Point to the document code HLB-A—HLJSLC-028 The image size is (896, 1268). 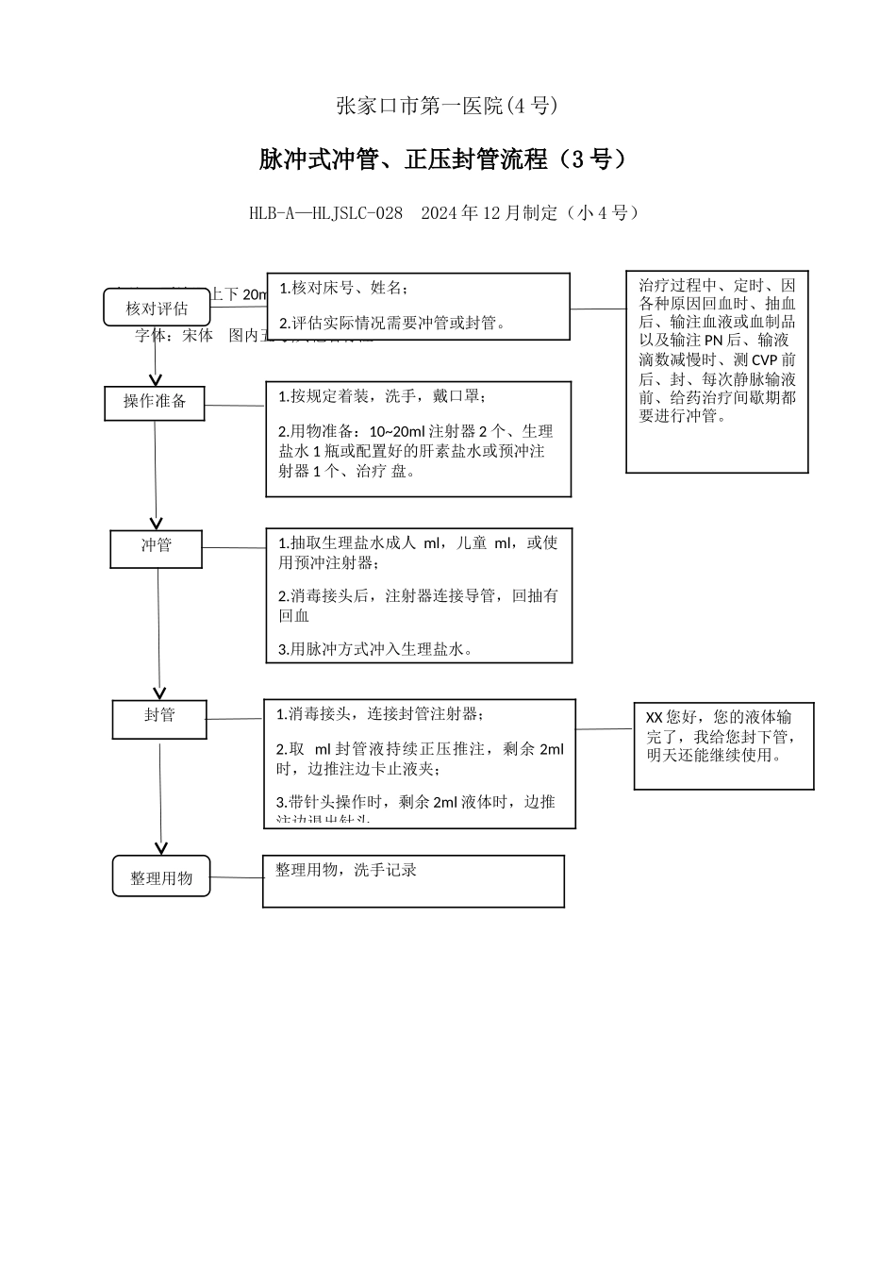(x=325, y=213)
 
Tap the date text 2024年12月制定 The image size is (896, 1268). (x=489, y=213)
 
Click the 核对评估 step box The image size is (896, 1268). (x=157, y=308)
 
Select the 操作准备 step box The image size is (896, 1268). (x=155, y=402)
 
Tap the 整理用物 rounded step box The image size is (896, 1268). (x=161, y=876)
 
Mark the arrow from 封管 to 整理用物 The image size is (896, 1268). (x=161, y=797)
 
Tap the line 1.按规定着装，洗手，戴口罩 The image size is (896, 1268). (x=382, y=396)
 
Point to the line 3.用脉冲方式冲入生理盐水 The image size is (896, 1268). (x=375, y=649)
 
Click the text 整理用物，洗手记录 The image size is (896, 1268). (x=346, y=870)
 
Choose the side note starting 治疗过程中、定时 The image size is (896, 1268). (x=717, y=351)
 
